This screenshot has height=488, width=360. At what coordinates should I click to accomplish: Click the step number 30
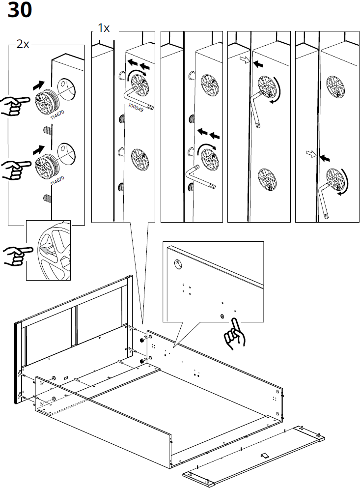coord(20,10)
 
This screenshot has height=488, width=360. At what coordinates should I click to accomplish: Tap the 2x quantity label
coord(23,44)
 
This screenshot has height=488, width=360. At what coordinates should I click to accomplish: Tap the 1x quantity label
coord(103,28)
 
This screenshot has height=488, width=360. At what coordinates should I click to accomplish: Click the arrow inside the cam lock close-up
coord(46,250)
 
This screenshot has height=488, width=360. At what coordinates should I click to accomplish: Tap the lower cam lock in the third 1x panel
coord(268,177)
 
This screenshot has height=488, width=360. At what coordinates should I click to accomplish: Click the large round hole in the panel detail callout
coord(177,264)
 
